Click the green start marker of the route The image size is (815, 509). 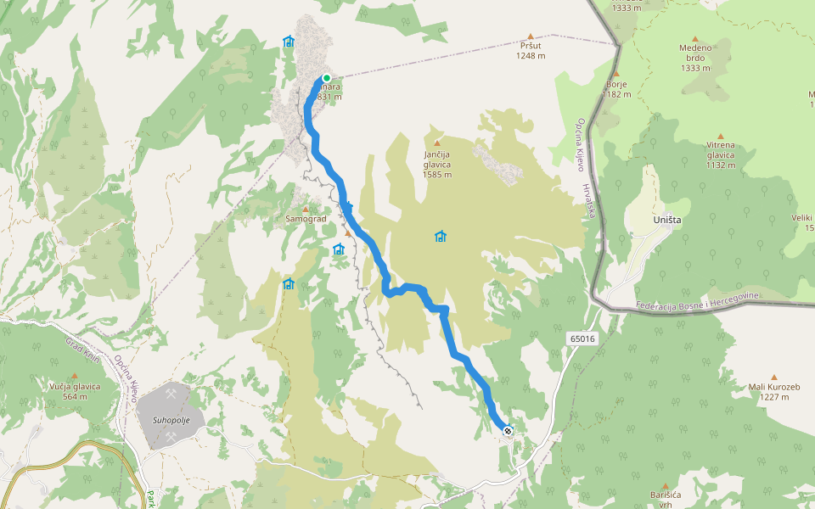click(326, 78)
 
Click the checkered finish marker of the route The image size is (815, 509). click(507, 431)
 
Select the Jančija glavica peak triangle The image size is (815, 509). click(437, 143)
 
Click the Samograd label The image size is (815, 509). click(306, 219)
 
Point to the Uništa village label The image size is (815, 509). click(667, 220)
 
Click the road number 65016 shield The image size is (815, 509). click(582, 338)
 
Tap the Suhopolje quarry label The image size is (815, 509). click(170, 420)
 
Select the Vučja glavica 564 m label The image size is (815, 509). click(75, 391)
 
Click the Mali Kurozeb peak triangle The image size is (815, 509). click(773, 378)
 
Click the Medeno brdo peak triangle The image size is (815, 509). click(695, 39)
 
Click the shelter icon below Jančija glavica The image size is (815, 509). click(440, 237)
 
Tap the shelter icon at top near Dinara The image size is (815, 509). click(288, 41)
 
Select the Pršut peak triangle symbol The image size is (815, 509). click(531, 36)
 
